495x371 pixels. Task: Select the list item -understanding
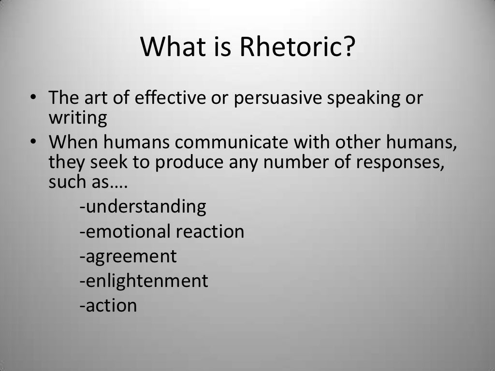coord(143,207)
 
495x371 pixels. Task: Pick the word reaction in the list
coord(210,232)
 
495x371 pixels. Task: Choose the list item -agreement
coord(128,257)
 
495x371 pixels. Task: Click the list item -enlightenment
coord(144,281)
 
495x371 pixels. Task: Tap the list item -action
coord(108,305)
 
